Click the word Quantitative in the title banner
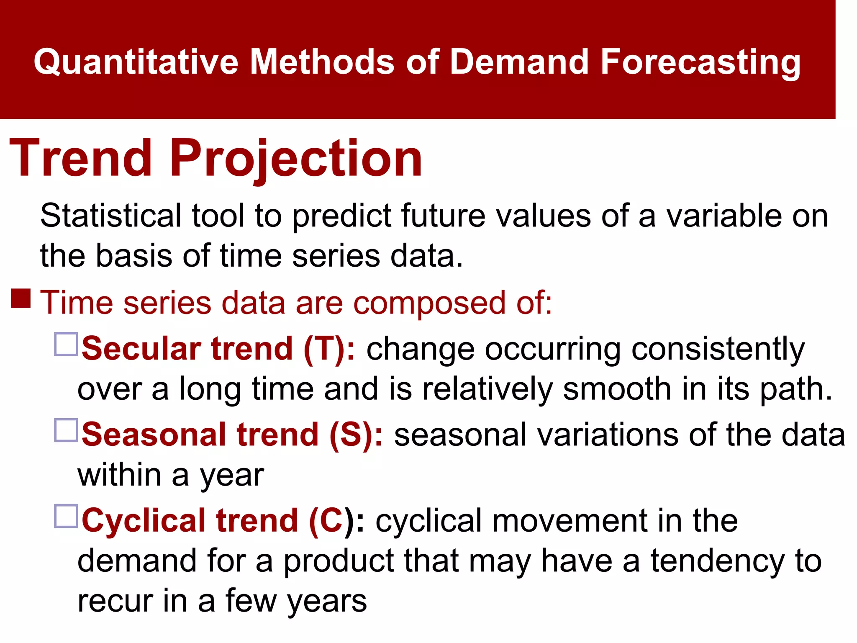point(136,62)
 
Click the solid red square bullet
point(21,298)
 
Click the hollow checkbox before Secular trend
point(66,344)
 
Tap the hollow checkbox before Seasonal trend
point(66,430)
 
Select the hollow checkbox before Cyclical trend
point(66,516)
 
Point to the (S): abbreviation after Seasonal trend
point(356,434)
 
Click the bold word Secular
point(142,348)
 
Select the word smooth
point(617,388)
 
